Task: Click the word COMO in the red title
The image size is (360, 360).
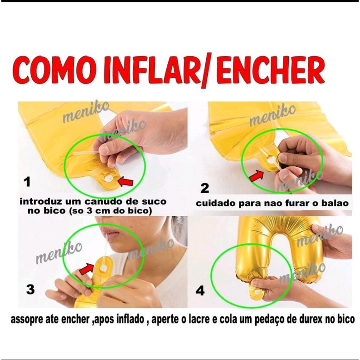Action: point(55,69)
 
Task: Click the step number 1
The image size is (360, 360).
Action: point(27,182)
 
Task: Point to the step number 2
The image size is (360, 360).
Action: point(205,188)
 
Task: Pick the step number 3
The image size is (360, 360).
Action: point(30,289)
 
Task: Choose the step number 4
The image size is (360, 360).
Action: point(200,291)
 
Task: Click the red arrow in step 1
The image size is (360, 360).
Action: point(125,181)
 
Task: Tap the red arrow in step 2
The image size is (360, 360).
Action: point(256,176)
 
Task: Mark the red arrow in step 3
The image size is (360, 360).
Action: point(87,269)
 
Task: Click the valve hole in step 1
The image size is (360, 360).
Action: point(108,178)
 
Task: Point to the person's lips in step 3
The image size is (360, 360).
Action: point(112,236)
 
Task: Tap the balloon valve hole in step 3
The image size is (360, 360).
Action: point(103,268)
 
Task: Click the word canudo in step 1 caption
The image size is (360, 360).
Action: point(104,202)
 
